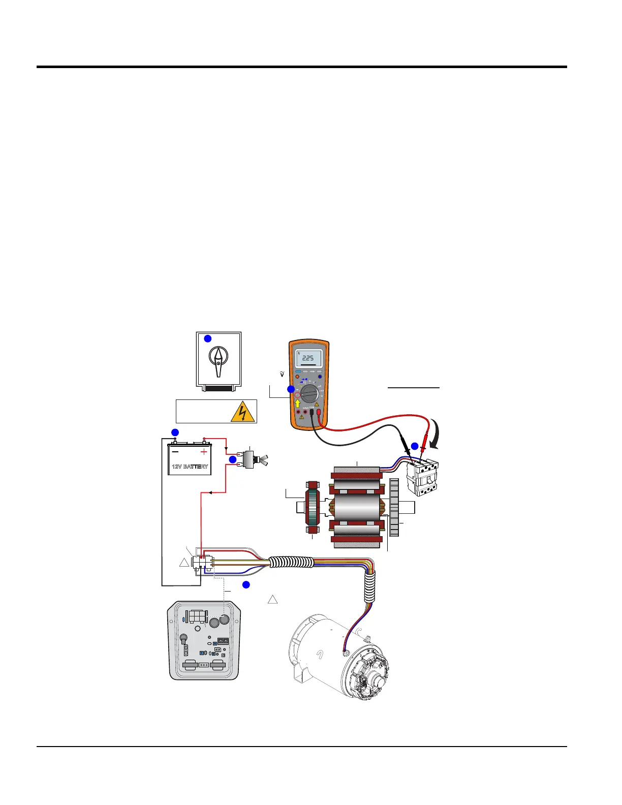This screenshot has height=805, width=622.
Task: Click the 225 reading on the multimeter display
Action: click(308, 358)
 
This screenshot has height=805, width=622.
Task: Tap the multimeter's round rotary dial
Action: click(309, 394)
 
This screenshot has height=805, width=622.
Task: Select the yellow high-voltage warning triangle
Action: click(242, 412)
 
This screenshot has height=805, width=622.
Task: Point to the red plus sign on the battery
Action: click(204, 452)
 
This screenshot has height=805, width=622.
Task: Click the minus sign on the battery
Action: click(175, 451)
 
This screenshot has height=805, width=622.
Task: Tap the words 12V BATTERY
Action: click(190, 467)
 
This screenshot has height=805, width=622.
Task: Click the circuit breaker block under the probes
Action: click(422, 478)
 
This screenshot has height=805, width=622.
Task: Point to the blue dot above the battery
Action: click(175, 432)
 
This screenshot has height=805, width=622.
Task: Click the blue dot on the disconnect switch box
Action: click(207, 338)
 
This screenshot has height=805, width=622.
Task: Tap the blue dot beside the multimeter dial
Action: click(291, 389)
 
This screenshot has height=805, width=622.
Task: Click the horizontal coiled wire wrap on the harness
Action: click(291, 562)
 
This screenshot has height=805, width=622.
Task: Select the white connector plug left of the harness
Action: click(202, 563)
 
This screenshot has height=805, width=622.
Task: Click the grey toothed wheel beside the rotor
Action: click(394, 507)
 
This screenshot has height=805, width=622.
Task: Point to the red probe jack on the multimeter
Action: click(318, 413)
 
